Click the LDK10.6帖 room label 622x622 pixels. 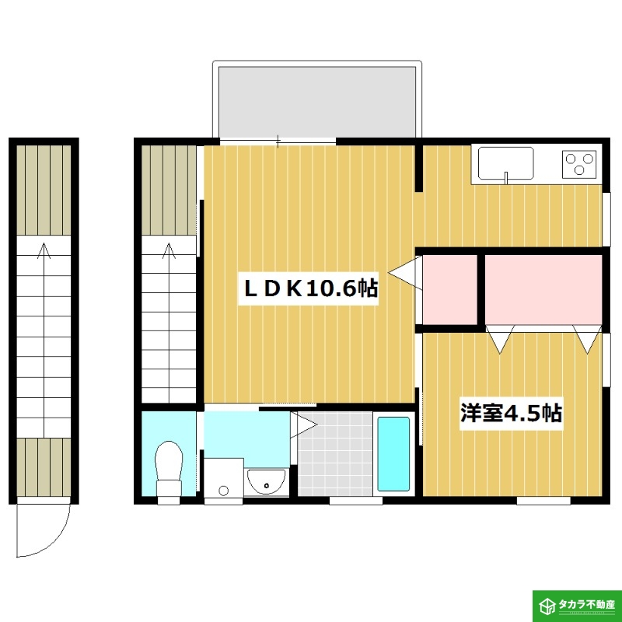pyautogui.click(x=310, y=288)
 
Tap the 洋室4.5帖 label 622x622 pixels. pyautogui.click(x=511, y=414)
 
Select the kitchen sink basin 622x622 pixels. pyautogui.click(x=505, y=163)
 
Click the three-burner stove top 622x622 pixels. pyautogui.click(x=578, y=164)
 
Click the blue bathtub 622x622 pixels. pyautogui.click(x=393, y=453)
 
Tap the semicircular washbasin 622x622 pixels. pyautogui.click(x=266, y=480)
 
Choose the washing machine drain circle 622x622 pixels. pyautogui.click(x=223, y=491)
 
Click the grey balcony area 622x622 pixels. pyautogui.click(x=317, y=103)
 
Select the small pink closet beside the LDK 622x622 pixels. pyautogui.click(x=450, y=289)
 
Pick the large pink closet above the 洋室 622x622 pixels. pyautogui.click(x=543, y=289)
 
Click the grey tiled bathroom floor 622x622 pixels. pyautogui.click(x=335, y=454)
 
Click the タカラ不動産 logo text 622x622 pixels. pyautogui.click(x=587, y=605)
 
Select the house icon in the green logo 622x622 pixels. pyautogui.click(x=548, y=606)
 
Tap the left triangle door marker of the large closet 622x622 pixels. pyautogui.click(x=500, y=339)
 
